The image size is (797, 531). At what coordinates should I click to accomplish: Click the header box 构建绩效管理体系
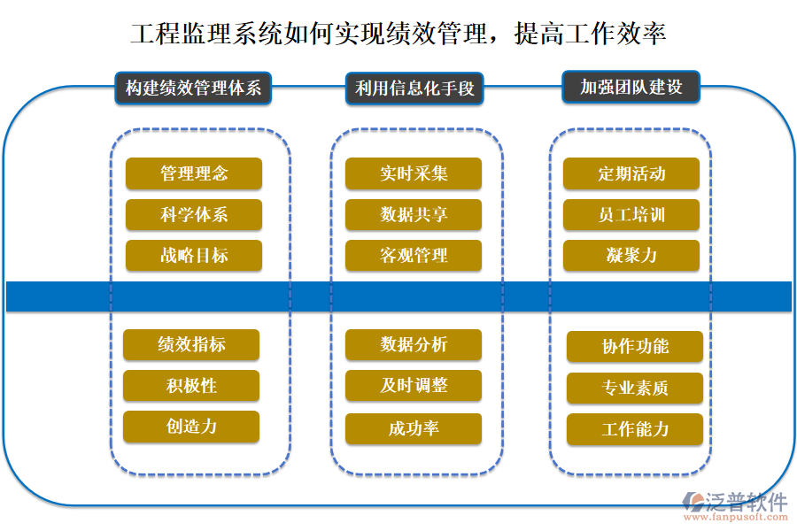pyautogui.click(x=193, y=88)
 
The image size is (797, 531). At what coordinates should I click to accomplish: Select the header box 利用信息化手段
pyautogui.click(x=414, y=88)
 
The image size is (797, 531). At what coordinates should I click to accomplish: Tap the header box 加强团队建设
pyautogui.click(x=631, y=88)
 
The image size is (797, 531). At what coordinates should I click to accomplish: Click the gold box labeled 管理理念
pyautogui.click(x=194, y=173)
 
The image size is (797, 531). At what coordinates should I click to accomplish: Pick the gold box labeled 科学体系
pyautogui.click(x=194, y=215)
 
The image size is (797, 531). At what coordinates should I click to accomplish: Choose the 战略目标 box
pyautogui.click(x=194, y=256)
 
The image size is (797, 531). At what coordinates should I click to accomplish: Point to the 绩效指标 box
pyautogui.click(x=191, y=345)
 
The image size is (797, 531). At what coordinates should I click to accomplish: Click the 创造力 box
pyautogui.click(x=191, y=427)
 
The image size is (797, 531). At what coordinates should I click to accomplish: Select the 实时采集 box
pyautogui.click(x=414, y=173)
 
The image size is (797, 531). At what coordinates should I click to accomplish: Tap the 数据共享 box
pyautogui.click(x=414, y=215)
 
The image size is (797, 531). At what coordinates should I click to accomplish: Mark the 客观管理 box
pyautogui.click(x=414, y=256)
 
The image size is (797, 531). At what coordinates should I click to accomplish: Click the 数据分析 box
pyautogui.click(x=414, y=345)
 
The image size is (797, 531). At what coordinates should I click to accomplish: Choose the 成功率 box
pyautogui.click(x=414, y=429)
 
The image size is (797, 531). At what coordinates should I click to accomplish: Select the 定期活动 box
pyautogui.click(x=631, y=173)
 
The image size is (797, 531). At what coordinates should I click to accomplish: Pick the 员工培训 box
pyautogui.click(x=631, y=215)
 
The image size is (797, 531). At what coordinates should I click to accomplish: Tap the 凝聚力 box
pyautogui.click(x=631, y=256)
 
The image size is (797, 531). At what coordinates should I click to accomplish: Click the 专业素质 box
pyautogui.click(x=635, y=388)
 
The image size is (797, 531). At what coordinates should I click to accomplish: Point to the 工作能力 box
pyautogui.click(x=635, y=429)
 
